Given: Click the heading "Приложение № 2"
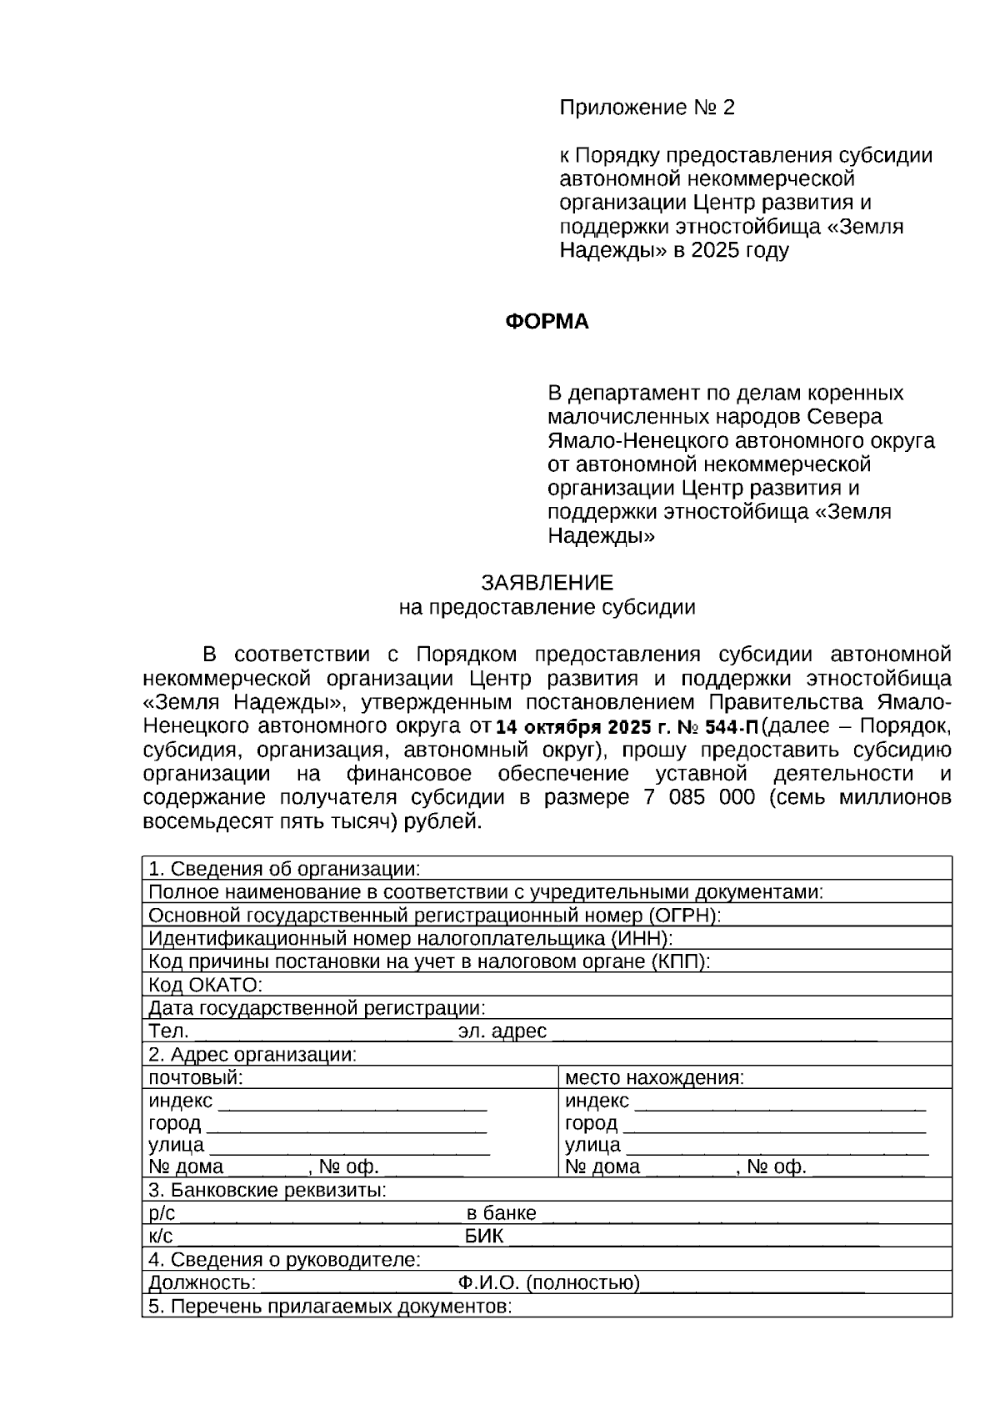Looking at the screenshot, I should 647,108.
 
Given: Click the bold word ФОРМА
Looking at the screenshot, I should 547,322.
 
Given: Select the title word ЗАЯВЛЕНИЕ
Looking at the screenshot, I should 547,583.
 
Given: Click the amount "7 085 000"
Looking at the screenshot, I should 700,797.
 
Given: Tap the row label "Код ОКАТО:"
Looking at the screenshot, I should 205,985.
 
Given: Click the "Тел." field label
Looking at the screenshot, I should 169,1031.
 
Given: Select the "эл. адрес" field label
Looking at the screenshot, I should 502,1031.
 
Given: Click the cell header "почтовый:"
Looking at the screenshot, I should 196,1077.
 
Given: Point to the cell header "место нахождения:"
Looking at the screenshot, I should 654,1077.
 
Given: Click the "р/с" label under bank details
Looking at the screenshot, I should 162,1213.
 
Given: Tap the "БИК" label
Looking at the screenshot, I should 484,1236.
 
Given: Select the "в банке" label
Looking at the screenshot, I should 501,1213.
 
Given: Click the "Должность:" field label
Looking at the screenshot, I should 202,1282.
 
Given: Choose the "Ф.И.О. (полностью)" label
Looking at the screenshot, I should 548,1282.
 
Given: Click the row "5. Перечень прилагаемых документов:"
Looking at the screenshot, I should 329,1306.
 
